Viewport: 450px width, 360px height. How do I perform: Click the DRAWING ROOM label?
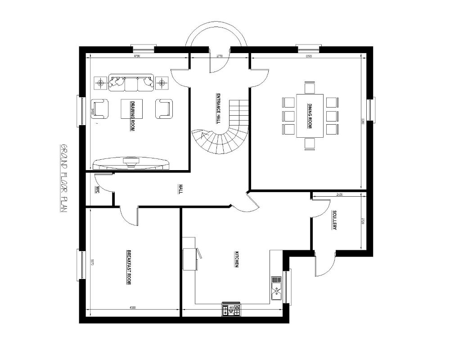pyautogui.click(x=133, y=116)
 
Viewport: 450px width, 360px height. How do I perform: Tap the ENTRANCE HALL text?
pyautogui.click(x=218, y=108)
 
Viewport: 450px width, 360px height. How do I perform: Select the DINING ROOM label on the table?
pyautogui.click(x=310, y=116)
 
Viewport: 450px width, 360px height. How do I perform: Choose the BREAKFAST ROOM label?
pyautogui.click(x=129, y=267)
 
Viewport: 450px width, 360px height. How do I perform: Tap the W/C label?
pyautogui.click(x=97, y=189)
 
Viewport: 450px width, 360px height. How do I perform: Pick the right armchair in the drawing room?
pyautogui.click(x=164, y=108)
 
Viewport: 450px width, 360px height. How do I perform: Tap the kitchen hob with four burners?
pyautogui.click(x=231, y=310)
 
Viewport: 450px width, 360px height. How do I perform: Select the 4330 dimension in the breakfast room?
pyautogui.click(x=133, y=308)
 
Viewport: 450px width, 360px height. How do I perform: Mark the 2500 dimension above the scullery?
pyautogui.click(x=340, y=195)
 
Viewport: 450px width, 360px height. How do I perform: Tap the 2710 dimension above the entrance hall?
pyautogui.click(x=219, y=56)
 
